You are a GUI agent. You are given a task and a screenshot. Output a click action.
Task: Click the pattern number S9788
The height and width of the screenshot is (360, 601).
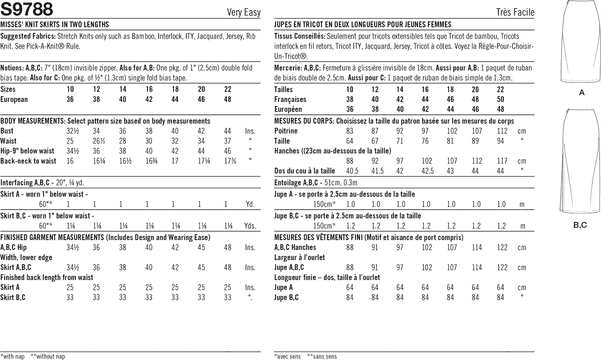[27, 9]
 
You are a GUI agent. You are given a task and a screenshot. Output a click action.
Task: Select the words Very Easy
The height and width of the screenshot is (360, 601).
[244, 12]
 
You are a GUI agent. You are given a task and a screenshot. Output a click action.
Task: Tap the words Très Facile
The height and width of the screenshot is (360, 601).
[515, 12]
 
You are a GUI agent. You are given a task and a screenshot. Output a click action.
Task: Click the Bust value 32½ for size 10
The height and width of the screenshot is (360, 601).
[71, 131]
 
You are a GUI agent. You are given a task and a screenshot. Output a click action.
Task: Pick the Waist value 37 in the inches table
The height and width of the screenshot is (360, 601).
[228, 141]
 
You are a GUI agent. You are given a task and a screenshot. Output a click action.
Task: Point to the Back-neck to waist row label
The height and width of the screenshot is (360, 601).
[28, 161]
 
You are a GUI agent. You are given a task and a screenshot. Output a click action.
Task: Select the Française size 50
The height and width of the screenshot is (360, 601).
[500, 99]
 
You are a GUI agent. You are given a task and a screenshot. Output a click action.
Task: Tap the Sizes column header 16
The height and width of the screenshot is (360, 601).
[149, 89]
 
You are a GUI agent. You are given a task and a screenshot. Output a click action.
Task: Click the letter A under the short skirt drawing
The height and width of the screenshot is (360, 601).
[582, 93]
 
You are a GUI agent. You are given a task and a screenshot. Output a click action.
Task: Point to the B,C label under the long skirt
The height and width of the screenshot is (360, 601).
[580, 225]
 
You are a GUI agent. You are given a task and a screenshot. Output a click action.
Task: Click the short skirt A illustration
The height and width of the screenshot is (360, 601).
[581, 42]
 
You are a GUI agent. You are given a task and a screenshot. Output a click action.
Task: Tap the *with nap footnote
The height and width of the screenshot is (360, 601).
[13, 356]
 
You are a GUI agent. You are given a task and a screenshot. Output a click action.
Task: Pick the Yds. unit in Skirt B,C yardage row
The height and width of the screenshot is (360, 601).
[250, 226]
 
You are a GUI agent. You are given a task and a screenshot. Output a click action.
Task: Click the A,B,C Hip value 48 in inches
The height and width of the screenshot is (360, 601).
[228, 247]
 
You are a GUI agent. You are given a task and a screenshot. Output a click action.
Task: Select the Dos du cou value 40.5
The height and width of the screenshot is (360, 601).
[350, 171]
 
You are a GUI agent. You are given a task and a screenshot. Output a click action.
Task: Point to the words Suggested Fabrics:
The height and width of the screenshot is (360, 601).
[28, 36]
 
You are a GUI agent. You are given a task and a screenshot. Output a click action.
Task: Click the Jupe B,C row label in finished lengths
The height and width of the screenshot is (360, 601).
[286, 298]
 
